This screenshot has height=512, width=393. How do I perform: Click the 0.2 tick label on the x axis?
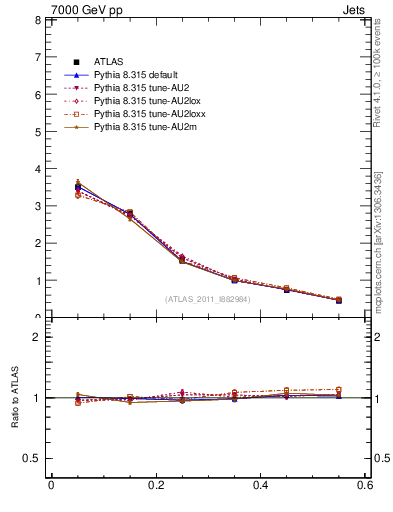155,485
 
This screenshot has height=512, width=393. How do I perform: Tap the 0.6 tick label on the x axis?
365,485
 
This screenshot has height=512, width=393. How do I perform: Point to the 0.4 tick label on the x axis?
260,485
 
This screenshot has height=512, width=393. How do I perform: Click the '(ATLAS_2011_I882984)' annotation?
207,299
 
